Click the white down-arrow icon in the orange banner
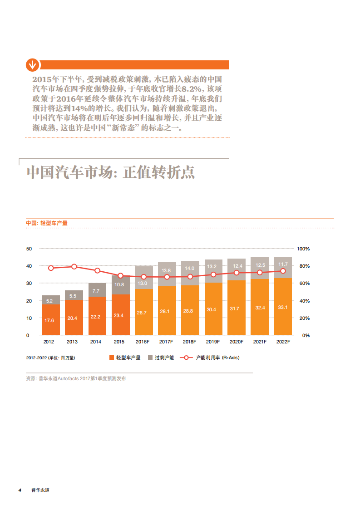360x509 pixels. tap(32, 65)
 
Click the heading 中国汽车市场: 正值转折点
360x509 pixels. tap(111, 172)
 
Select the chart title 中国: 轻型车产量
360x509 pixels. tap(46, 223)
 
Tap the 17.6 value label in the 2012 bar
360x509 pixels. tap(50, 320)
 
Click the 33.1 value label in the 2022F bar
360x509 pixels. tap(283, 307)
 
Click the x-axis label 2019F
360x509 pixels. tap(213, 342)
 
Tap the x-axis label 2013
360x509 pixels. tap(73, 342)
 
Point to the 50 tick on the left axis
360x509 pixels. tap(29, 249)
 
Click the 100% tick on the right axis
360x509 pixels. tap(303, 249)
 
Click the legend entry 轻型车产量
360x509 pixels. tap(125, 357)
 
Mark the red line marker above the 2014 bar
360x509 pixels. tap(97, 271)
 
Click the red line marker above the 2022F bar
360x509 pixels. tap(283, 271)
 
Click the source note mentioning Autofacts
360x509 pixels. tap(76, 378)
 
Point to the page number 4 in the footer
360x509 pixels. tap(20, 490)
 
